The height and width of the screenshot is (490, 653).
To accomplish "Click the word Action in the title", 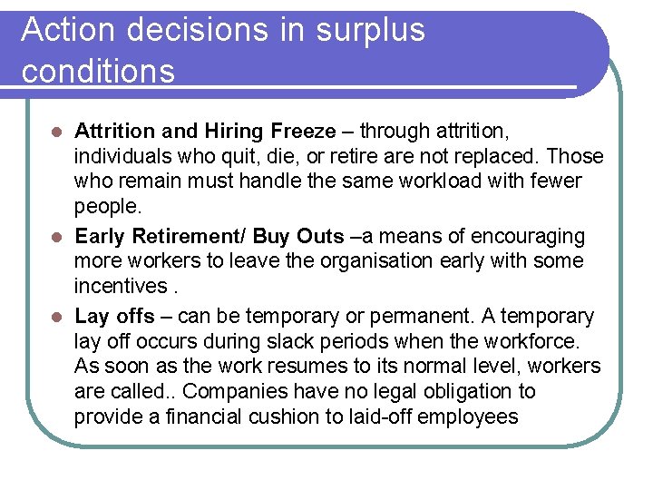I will (x=68, y=30).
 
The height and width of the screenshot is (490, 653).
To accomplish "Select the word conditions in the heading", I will (x=98, y=71).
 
